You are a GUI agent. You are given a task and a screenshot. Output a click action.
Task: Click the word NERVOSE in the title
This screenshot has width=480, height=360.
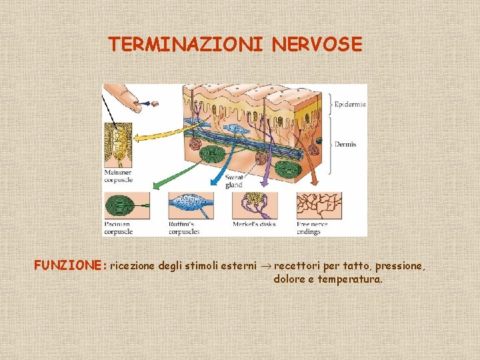tap(317, 45)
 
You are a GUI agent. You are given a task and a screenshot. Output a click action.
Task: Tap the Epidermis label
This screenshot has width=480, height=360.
tap(350, 105)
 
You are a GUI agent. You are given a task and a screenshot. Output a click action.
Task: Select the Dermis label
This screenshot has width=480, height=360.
tap(345, 144)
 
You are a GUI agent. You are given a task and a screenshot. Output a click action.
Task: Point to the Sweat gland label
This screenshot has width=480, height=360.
tap(234, 181)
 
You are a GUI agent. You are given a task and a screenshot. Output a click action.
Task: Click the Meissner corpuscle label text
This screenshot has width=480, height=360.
tap(119, 176)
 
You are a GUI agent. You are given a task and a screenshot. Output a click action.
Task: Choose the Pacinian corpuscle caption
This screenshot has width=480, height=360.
tap(119, 228)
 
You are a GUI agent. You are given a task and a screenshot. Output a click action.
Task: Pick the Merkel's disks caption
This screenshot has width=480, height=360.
tap(254, 225)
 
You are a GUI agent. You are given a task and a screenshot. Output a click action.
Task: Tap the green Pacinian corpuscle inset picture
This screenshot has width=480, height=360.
tap(126, 204)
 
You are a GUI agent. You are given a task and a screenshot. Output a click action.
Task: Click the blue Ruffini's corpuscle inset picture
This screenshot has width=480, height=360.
tap(190, 204)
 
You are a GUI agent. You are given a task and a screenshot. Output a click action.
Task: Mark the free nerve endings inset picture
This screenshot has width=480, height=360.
tap(319, 204)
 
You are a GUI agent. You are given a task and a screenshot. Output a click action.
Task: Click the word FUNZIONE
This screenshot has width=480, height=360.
tap(70, 265)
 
